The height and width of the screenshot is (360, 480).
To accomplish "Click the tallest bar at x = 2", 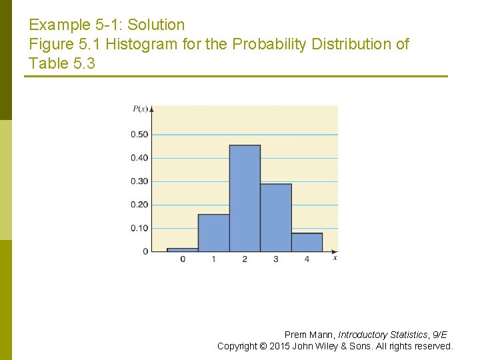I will tap(245, 199).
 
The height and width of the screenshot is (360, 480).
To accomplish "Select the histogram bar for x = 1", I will tap(213, 233).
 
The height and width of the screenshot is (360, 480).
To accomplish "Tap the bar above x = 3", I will tap(275, 218).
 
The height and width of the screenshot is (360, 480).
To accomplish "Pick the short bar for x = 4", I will tap(307, 242).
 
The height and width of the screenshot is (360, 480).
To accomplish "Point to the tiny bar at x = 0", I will tap(183, 249).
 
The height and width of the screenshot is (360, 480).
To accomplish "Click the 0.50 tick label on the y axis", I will tap(139, 135).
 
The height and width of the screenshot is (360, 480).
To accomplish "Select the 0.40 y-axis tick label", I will tap(139, 158).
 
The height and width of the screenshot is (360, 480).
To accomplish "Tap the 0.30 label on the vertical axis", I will tap(139, 181).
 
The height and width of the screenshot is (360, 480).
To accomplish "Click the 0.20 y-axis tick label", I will tap(139, 205).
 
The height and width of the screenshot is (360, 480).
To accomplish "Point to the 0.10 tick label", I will tap(139, 228).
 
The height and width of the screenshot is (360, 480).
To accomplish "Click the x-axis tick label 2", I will tap(245, 259).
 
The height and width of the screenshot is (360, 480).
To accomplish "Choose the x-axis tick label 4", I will tap(307, 259).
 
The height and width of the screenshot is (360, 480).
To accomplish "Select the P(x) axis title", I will tap(141, 109).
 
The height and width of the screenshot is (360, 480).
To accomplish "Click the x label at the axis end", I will tap(335, 258).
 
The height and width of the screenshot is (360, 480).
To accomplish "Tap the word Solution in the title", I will tap(156, 25).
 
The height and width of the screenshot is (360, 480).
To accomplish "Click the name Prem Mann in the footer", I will tap(309, 335).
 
